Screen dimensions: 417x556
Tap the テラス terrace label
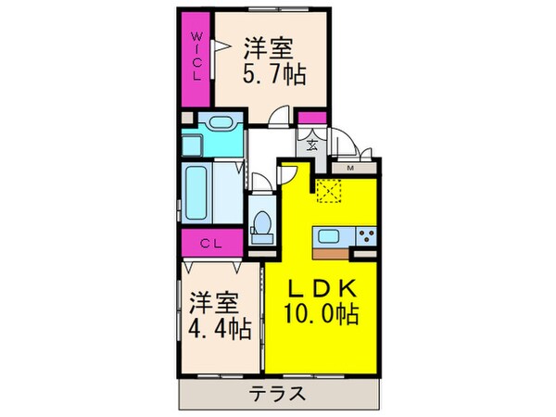(x=276, y=393)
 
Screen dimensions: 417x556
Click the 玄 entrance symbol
(x=312, y=145)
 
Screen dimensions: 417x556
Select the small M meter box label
(x=351, y=169)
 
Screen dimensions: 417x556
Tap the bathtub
(x=197, y=192)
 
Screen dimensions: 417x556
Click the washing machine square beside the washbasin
(x=196, y=144)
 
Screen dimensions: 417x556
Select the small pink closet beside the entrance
(x=312, y=118)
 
